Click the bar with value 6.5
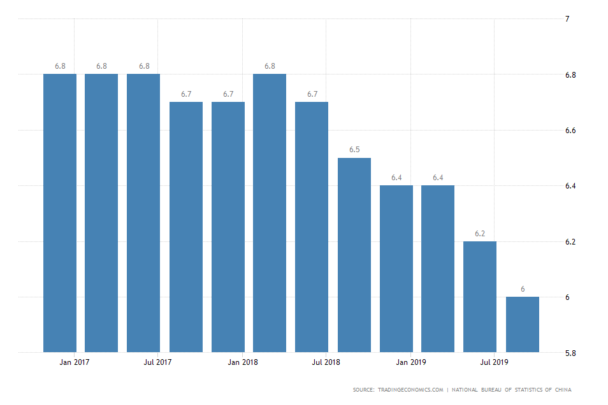point(354,255)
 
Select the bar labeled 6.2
point(480,297)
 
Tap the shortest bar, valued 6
point(523,324)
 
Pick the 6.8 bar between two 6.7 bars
point(270,213)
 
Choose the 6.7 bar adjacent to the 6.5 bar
point(312,227)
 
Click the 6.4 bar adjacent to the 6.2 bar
point(438,269)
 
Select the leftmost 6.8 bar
point(60,213)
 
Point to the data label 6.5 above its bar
point(354,150)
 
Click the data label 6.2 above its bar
point(480,234)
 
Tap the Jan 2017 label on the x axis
point(75,362)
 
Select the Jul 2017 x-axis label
point(157,362)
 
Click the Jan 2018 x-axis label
point(242,362)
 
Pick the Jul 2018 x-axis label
point(326,362)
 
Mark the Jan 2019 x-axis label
point(411,362)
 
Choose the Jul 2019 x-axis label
point(494,362)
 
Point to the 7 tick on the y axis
point(567,19)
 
